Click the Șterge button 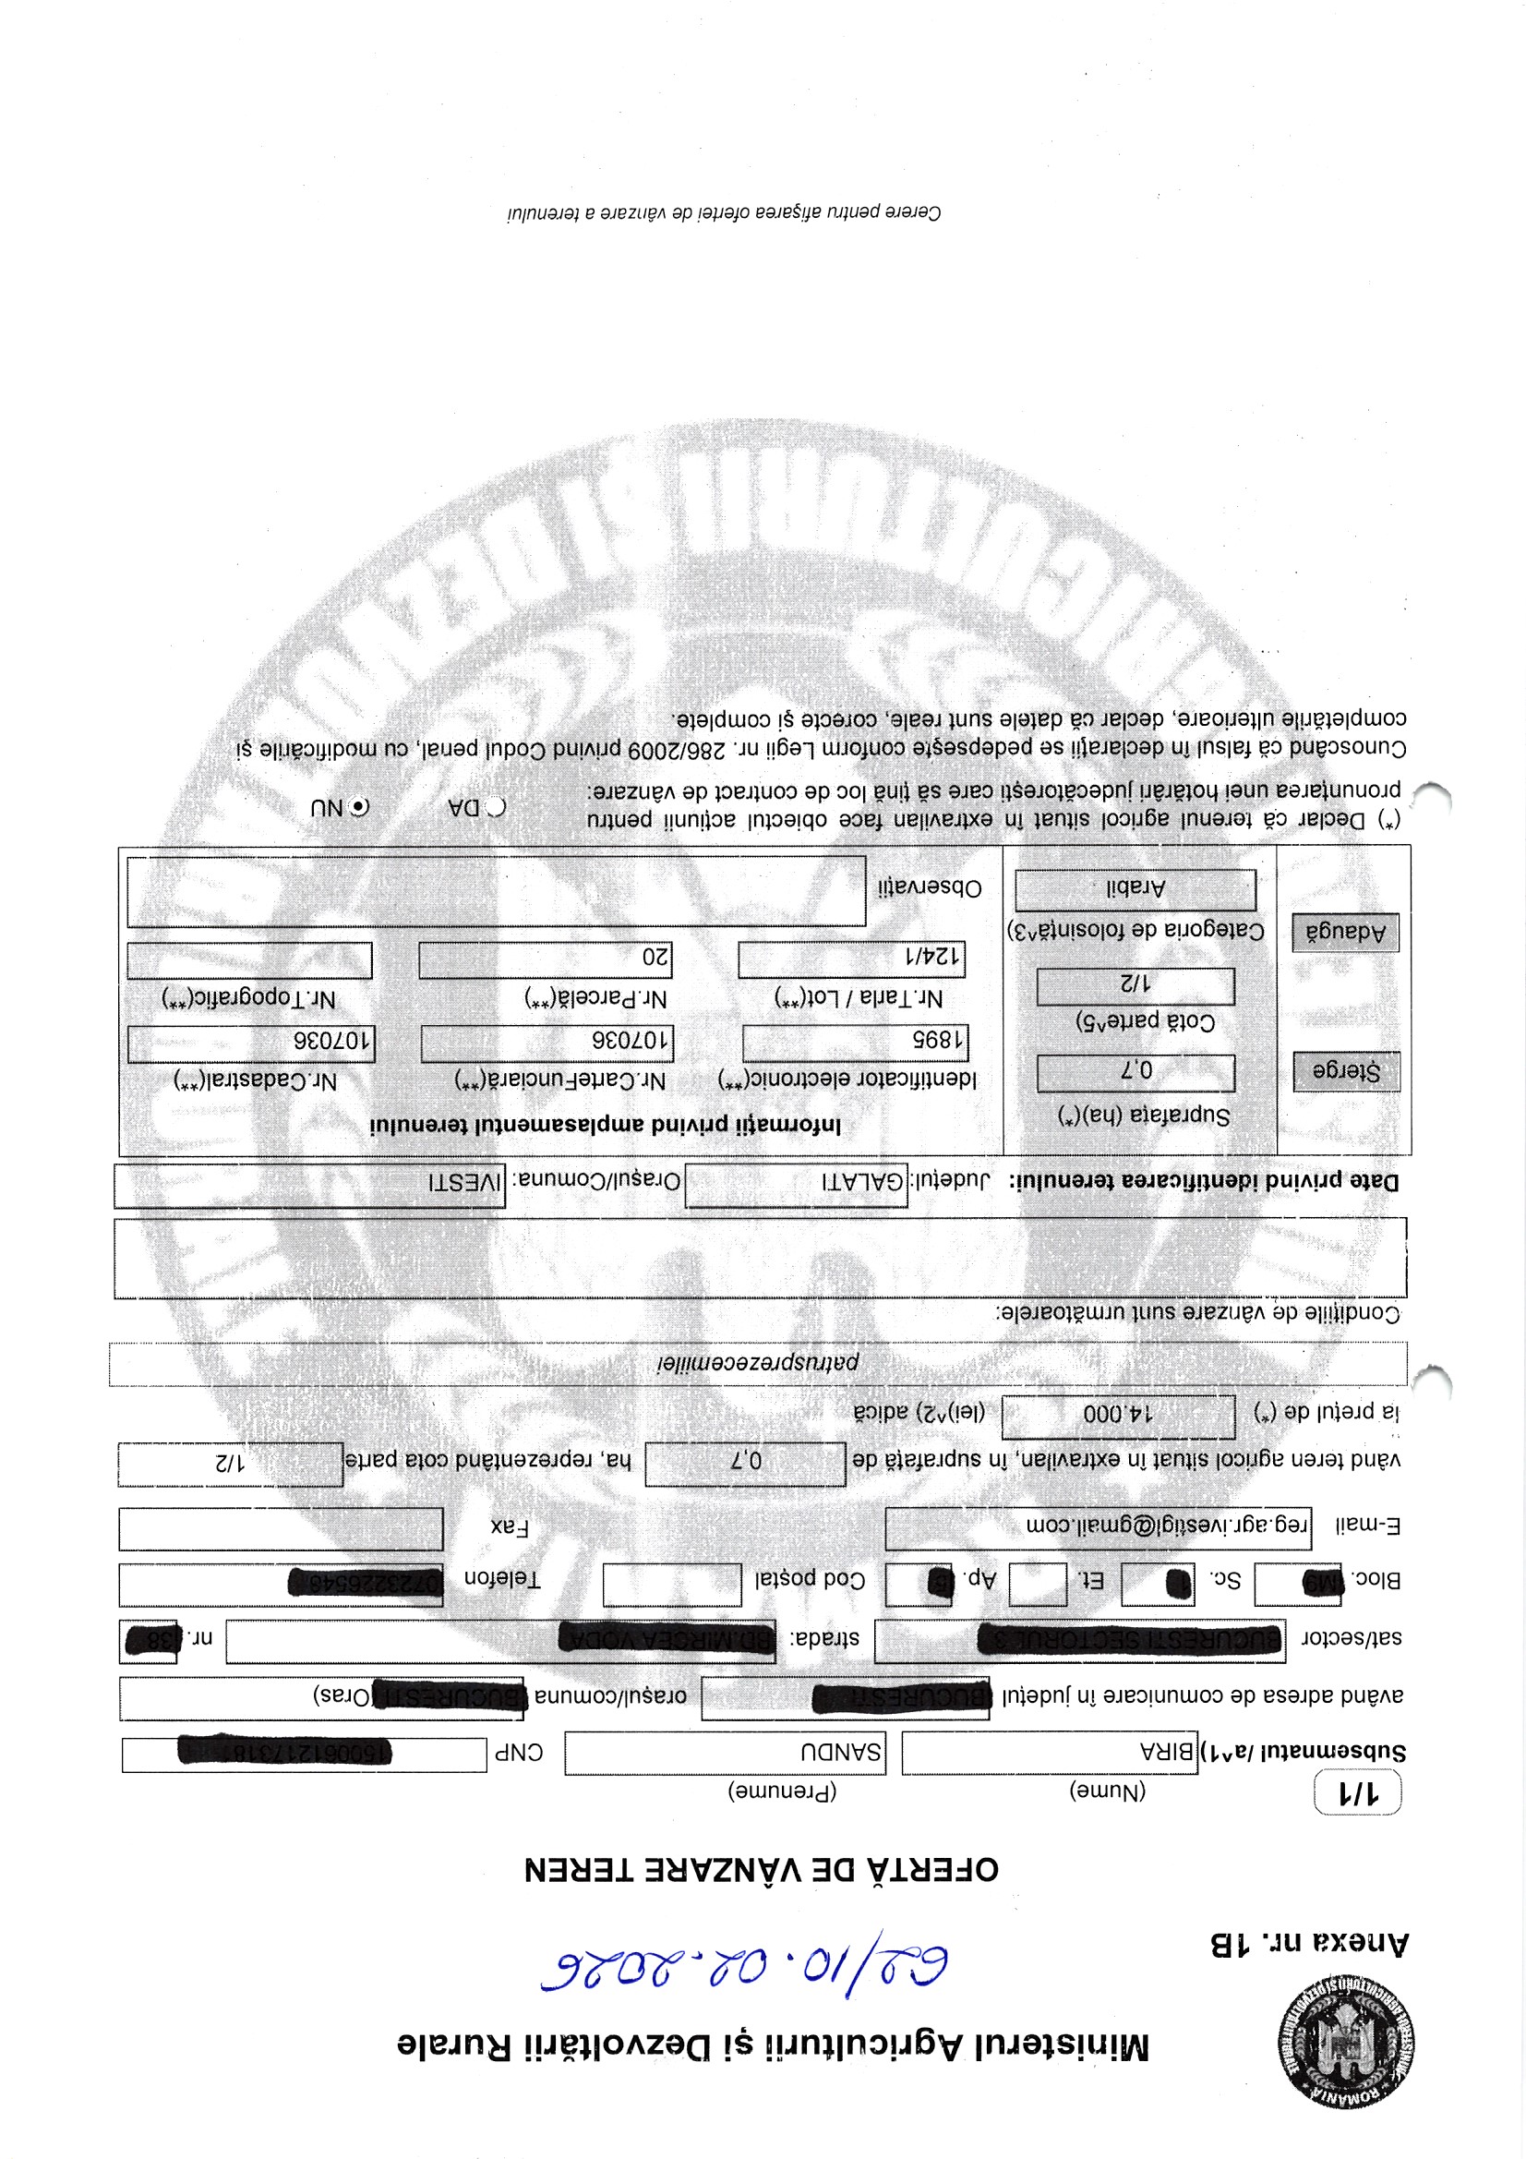[x=1345, y=1071]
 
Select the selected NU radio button [x=359, y=807]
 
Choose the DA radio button [x=496, y=807]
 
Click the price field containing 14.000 [x=1118, y=1417]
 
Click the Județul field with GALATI [x=797, y=1185]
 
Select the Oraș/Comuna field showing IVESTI [x=309, y=1185]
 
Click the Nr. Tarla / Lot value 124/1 [x=852, y=959]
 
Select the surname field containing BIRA [x=1049, y=1754]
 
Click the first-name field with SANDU [x=725, y=1754]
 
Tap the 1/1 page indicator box [x=1357, y=1794]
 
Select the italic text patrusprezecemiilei [x=757, y=1364]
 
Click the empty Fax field [x=281, y=1530]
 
